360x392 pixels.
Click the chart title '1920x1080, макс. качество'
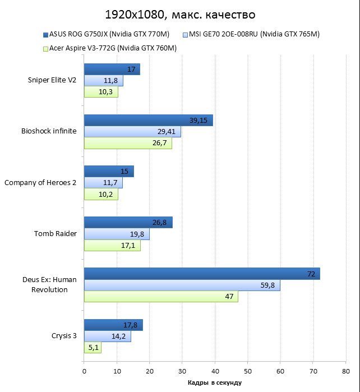179,14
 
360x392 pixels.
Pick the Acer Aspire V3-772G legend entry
109,48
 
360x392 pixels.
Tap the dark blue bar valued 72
202,274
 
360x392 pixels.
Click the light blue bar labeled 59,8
182,285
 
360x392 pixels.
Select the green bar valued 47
161,296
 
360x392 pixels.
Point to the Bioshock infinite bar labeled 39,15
148,121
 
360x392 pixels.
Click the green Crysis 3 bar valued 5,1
93,347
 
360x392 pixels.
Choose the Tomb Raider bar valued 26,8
128,223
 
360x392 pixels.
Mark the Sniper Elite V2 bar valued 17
112,70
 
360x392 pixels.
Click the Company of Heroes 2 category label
40,183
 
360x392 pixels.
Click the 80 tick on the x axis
345,371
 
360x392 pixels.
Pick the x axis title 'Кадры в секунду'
215,382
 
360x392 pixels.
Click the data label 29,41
167,132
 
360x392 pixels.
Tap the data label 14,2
120,336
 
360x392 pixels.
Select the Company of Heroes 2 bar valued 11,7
103,183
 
